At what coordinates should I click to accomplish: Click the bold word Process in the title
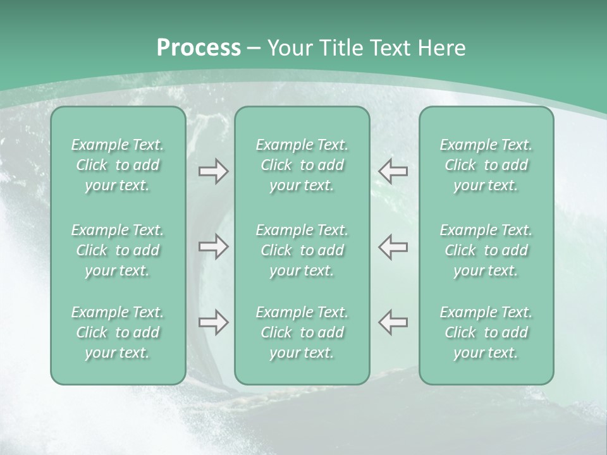[199, 48]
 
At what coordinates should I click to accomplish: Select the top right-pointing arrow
[213, 171]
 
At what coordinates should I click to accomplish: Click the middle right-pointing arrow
[213, 246]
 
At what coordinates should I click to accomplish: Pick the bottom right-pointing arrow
[213, 322]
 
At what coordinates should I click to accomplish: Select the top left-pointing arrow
[393, 171]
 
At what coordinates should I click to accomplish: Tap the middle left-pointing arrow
[393, 246]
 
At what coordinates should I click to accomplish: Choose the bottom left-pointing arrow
[393, 322]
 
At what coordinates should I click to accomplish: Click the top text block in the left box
[118, 165]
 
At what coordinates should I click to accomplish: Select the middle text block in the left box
[118, 250]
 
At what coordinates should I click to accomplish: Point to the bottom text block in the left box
[118, 332]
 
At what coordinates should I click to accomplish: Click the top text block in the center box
[302, 165]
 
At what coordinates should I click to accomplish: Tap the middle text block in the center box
[302, 250]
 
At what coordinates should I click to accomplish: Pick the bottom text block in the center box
[302, 332]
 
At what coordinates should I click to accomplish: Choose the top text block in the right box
[486, 165]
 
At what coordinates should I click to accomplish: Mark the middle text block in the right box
[486, 250]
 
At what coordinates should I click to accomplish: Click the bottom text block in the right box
[486, 332]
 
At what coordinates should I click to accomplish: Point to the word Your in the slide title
[288, 48]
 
